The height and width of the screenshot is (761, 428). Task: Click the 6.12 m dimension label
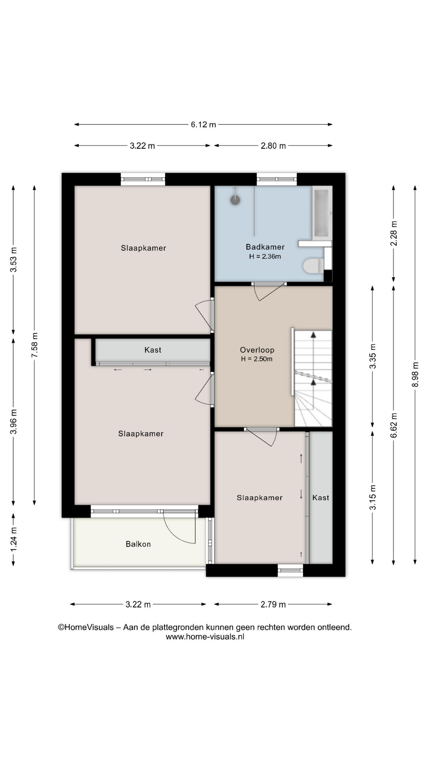pos(203,124)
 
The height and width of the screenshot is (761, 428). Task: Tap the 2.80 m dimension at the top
pos(273,146)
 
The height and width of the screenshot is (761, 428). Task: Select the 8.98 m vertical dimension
pos(415,375)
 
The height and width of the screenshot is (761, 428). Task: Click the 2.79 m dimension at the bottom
pos(273,604)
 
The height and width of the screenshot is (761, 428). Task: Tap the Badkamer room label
pos(265,247)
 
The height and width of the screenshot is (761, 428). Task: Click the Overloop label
pos(257,350)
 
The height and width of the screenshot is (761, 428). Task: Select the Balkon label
pos(138,544)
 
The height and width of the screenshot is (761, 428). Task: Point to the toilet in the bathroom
pos(314,266)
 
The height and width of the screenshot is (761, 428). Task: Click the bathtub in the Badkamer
pos(322,212)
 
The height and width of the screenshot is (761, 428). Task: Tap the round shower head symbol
pos(235,200)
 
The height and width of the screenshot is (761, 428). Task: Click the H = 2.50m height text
pos(257,359)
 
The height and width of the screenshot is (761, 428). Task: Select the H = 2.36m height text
pos(265,256)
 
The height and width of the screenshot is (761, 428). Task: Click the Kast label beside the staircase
pos(321,498)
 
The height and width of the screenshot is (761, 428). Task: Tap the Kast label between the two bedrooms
pos(153,350)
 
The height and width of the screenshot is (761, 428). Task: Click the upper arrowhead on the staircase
pos(313,335)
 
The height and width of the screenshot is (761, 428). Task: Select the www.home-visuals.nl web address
pos(205,637)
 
